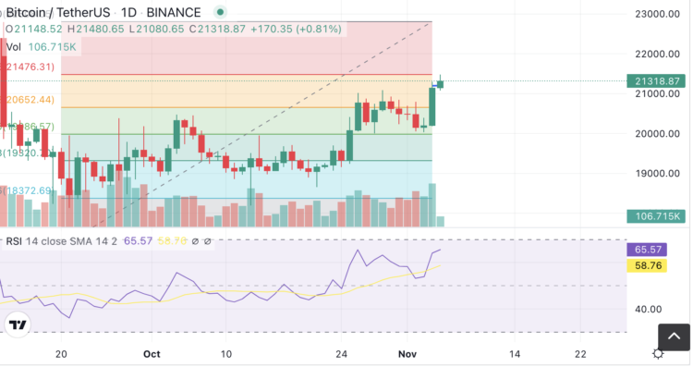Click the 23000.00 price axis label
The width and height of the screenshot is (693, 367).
pos(657,14)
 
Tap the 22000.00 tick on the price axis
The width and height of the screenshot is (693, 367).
pos(657,54)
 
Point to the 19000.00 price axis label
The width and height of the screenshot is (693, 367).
pos(657,174)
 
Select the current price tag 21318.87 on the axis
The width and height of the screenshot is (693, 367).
pos(658,81)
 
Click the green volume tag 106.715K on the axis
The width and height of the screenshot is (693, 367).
pos(658,216)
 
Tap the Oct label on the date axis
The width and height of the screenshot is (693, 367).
pos(153,353)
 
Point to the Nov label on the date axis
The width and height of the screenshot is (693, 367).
pos(408,353)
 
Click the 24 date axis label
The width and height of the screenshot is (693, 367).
pos(342,353)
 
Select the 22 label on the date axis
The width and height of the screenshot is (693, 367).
pos(580,353)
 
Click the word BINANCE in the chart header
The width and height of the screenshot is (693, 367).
pos(174,12)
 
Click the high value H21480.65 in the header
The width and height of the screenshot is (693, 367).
pos(99,29)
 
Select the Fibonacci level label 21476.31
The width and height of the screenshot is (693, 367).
pos(30,67)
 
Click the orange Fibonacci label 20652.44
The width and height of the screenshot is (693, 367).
pos(30,99)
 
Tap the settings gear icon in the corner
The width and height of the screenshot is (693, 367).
pos(658,353)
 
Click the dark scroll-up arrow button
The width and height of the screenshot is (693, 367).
pos(673,336)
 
